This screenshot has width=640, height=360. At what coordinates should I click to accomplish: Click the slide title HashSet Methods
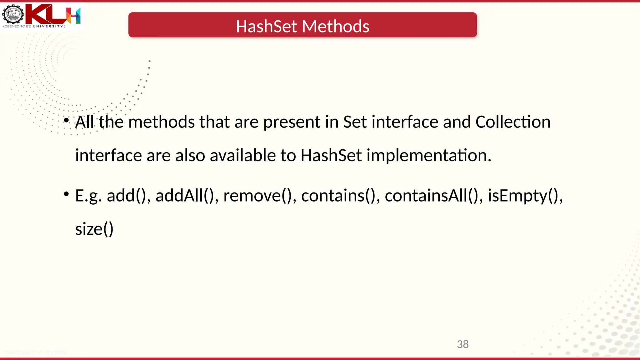(302, 26)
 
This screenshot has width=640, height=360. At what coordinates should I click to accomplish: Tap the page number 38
(462, 344)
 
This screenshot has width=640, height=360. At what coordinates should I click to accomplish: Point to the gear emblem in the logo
(13, 14)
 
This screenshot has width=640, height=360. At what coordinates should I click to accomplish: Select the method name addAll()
(184, 196)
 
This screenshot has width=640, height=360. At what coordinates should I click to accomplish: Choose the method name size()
(94, 229)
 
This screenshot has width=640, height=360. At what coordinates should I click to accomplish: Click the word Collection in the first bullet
(513, 122)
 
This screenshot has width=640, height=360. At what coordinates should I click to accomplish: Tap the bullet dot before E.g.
(66, 194)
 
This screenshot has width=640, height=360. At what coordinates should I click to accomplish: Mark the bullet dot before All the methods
(66, 120)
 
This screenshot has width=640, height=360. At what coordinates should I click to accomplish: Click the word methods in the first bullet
(162, 122)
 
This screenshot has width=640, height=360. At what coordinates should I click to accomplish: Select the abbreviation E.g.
(88, 196)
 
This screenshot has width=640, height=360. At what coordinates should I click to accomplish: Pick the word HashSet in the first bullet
(331, 155)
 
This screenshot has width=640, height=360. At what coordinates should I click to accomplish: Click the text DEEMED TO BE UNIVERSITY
(34, 27)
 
